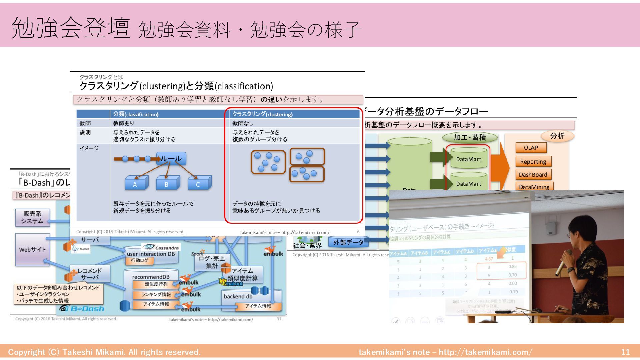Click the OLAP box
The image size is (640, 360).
531,148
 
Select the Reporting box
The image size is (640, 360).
533,162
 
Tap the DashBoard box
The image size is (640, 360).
533,174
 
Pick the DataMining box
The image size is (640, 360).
534,187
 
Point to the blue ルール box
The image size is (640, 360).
171,159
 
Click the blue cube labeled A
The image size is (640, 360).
135,184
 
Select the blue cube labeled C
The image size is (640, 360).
198,184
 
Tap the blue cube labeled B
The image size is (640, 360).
167,184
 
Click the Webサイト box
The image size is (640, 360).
32,249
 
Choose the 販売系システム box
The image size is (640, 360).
32,217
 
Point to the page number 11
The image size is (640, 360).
625,352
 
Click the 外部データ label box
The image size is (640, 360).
348,242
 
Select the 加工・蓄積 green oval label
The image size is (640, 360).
470,137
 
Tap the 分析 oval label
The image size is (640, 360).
557,136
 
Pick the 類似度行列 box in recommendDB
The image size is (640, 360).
156,284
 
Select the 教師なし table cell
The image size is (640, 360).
243,123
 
